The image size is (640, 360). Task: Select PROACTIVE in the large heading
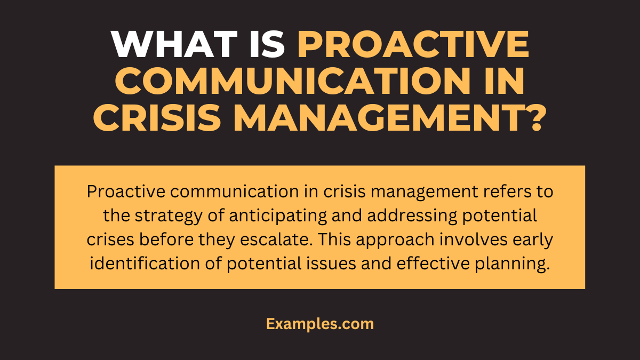[413, 45]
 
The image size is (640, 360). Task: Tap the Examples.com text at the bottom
[320, 324]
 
